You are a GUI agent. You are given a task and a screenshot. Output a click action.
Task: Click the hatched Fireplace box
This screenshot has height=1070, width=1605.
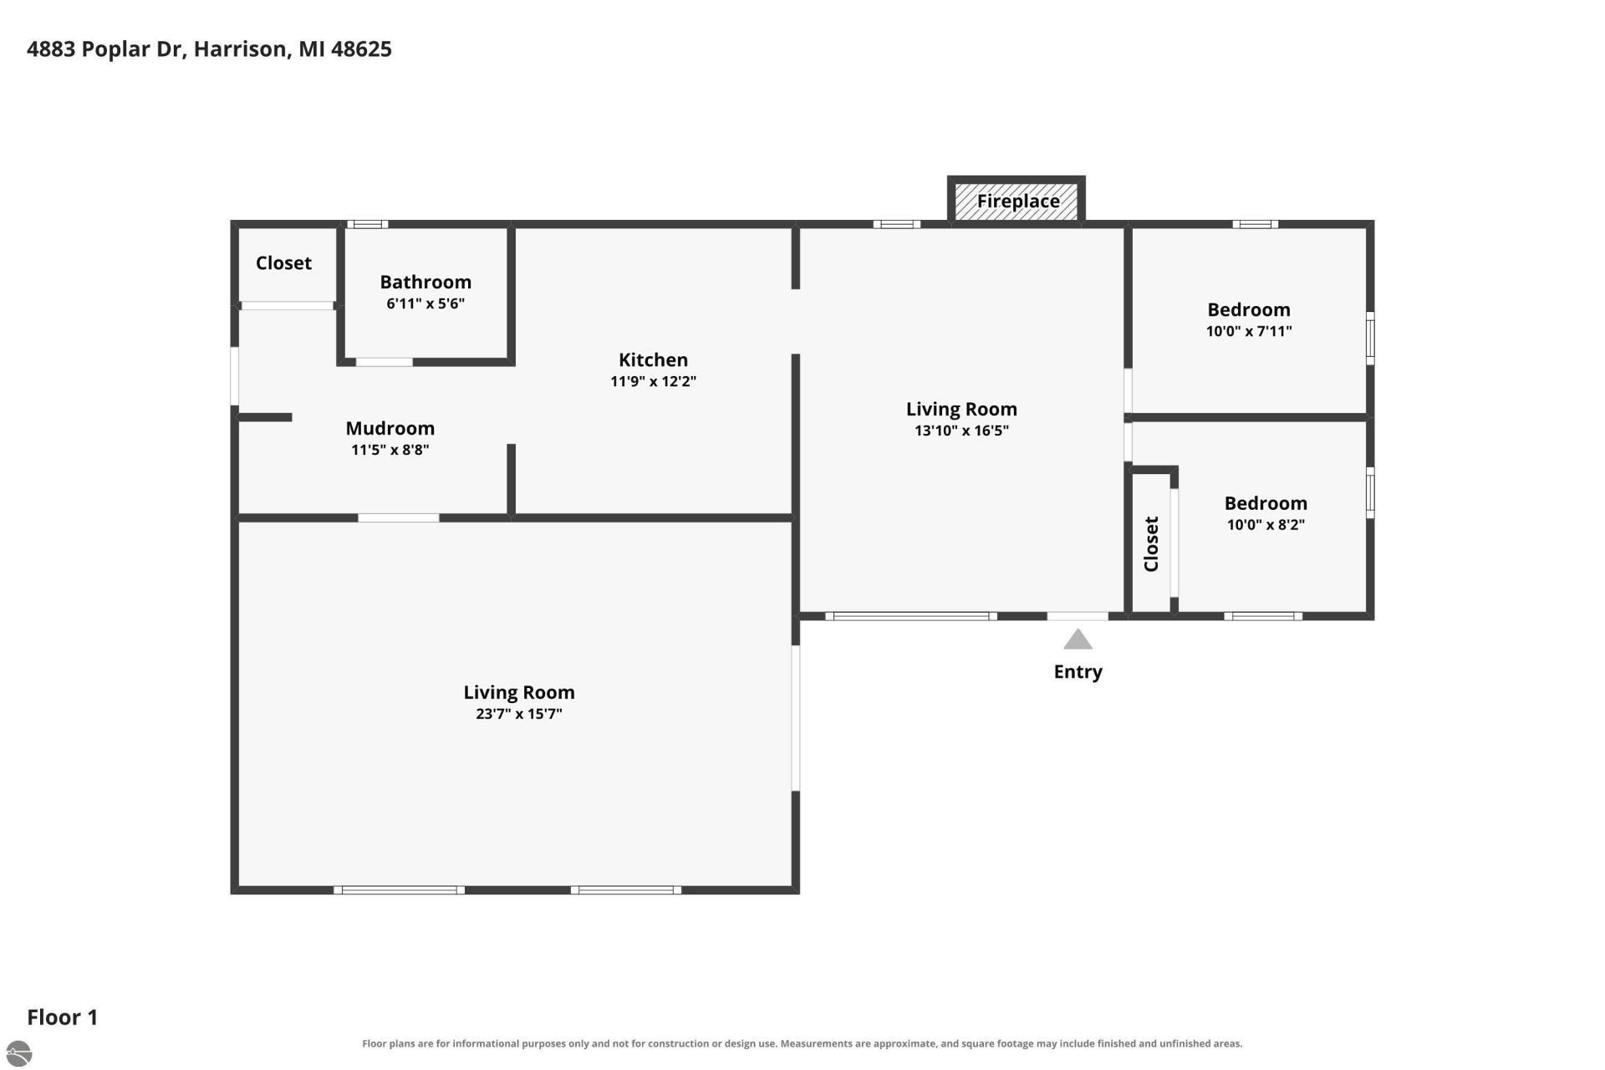[x=1016, y=201]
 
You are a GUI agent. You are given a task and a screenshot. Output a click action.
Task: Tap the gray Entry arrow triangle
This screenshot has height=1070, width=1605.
[x=1078, y=639]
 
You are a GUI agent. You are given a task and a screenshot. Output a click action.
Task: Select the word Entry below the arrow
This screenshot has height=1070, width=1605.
[x=1078, y=672]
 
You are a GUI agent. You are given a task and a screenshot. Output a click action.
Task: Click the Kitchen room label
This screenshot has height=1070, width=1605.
[x=653, y=360]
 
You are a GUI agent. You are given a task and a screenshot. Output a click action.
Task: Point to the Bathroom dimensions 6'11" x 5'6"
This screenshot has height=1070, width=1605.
[x=425, y=303]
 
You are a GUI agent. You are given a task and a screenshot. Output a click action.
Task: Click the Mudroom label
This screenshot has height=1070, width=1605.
[x=390, y=428]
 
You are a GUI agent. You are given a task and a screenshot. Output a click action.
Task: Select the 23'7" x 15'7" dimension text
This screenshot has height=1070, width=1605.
[x=519, y=714]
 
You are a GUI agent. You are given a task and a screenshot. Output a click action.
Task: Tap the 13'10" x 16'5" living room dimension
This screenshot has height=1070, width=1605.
[x=961, y=431]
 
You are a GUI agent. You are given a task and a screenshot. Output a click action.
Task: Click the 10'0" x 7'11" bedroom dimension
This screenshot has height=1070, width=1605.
[x=1249, y=331]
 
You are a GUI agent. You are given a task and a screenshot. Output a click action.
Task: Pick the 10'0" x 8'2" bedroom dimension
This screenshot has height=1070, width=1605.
[x=1266, y=525]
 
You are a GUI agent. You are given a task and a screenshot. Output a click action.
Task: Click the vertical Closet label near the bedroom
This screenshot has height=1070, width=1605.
[x=1151, y=544]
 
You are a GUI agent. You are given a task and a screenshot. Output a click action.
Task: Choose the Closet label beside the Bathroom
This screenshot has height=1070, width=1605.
[x=283, y=263]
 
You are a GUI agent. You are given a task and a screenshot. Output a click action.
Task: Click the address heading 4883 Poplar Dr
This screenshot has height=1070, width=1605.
[x=209, y=49]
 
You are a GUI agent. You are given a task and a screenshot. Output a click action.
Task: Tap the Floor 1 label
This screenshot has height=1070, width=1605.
[x=63, y=1017]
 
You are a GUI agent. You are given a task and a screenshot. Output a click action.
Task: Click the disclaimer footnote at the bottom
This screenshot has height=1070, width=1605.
[x=802, y=1043]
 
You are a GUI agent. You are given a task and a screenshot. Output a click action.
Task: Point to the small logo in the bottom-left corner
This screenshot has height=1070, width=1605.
[x=18, y=1052]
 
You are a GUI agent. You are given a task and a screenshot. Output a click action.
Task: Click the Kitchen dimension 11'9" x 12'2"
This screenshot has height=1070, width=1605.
[x=653, y=381]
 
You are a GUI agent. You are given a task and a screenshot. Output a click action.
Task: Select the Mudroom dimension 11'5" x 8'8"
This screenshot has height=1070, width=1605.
[x=390, y=450]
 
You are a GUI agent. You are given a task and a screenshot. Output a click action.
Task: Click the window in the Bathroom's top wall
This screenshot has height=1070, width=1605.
[x=368, y=224]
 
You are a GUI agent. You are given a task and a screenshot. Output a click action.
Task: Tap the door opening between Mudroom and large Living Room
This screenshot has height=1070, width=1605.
[x=399, y=518]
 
